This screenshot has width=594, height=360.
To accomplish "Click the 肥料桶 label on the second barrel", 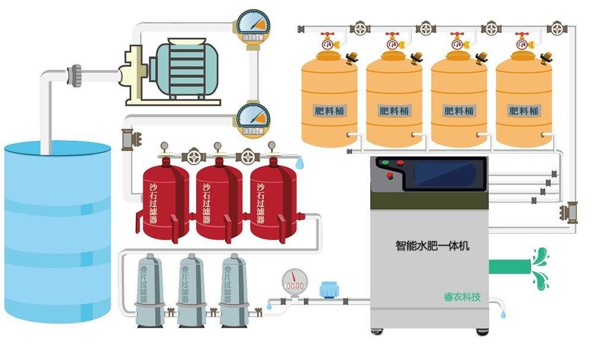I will tap(394, 110).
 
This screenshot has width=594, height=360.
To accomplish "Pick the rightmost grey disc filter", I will tap(233, 291).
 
